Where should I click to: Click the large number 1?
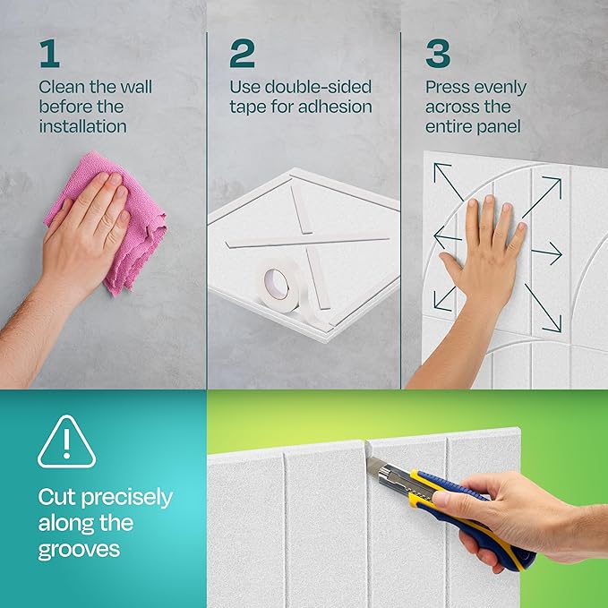pyautogui.click(x=49, y=53)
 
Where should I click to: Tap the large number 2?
pyautogui.click(x=242, y=53)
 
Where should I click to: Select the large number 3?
pyautogui.click(x=438, y=53)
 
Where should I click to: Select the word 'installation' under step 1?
pyautogui.click(x=82, y=126)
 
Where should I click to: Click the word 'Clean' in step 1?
pyautogui.click(x=60, y=88)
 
